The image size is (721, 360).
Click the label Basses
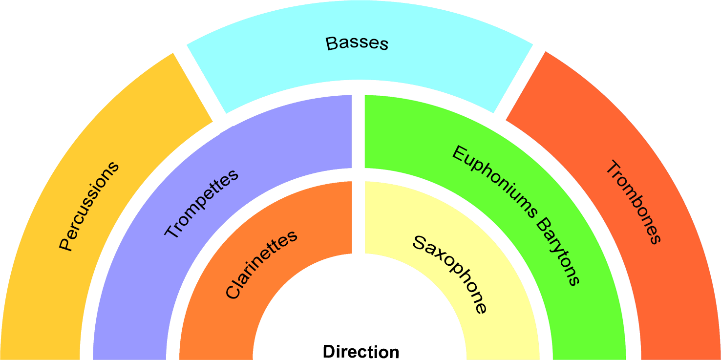click(357, 43)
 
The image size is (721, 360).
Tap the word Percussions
click(89, 206)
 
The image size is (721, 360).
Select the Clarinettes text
click(261, 264)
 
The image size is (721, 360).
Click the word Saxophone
click(450, 274)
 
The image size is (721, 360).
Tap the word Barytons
click(557, 252)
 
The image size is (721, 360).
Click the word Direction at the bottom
click(360, 352)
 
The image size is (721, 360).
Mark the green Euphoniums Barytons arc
click(586, 313)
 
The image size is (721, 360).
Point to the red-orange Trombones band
click(684, 303)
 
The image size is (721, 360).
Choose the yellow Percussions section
click(39, 293)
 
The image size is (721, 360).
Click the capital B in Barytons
click(542, 225)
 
